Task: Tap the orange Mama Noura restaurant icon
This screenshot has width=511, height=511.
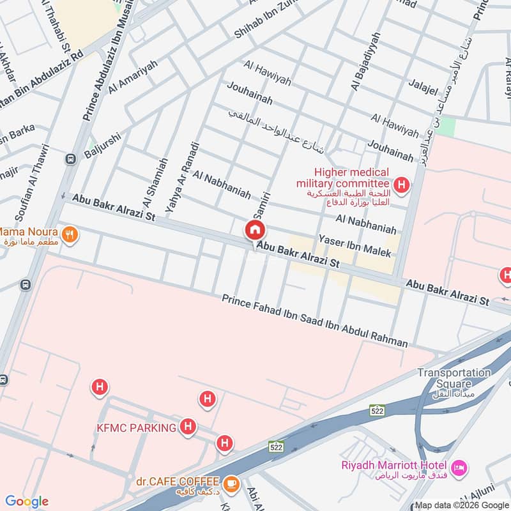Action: pos(71,234)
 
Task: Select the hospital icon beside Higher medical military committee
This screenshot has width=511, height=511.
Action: pos(402,186)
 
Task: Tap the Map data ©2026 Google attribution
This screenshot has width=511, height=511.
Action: pos(461,504)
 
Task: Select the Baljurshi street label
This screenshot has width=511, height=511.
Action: pos(102,146)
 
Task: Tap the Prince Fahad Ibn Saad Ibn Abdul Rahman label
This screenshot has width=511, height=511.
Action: pos(314,321)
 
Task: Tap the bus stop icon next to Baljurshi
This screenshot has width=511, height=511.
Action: pos(68,157)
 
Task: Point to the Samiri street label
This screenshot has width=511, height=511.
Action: pos(261,206)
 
